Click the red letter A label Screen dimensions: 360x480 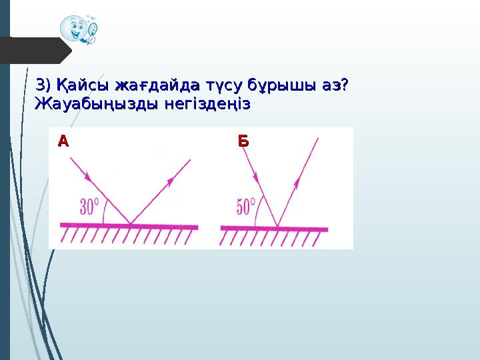click(x=63, y=141)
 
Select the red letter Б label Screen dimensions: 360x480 click(x=243, y=141)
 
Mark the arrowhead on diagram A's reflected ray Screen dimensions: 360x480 click(x=171, y=180)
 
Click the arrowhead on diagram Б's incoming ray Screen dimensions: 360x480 click(x=256, y=177)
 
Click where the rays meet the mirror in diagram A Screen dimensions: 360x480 click(x=129, y=224)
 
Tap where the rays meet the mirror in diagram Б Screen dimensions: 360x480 click(x=277, y=226)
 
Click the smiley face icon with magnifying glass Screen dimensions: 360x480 click(x=78, y=29)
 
